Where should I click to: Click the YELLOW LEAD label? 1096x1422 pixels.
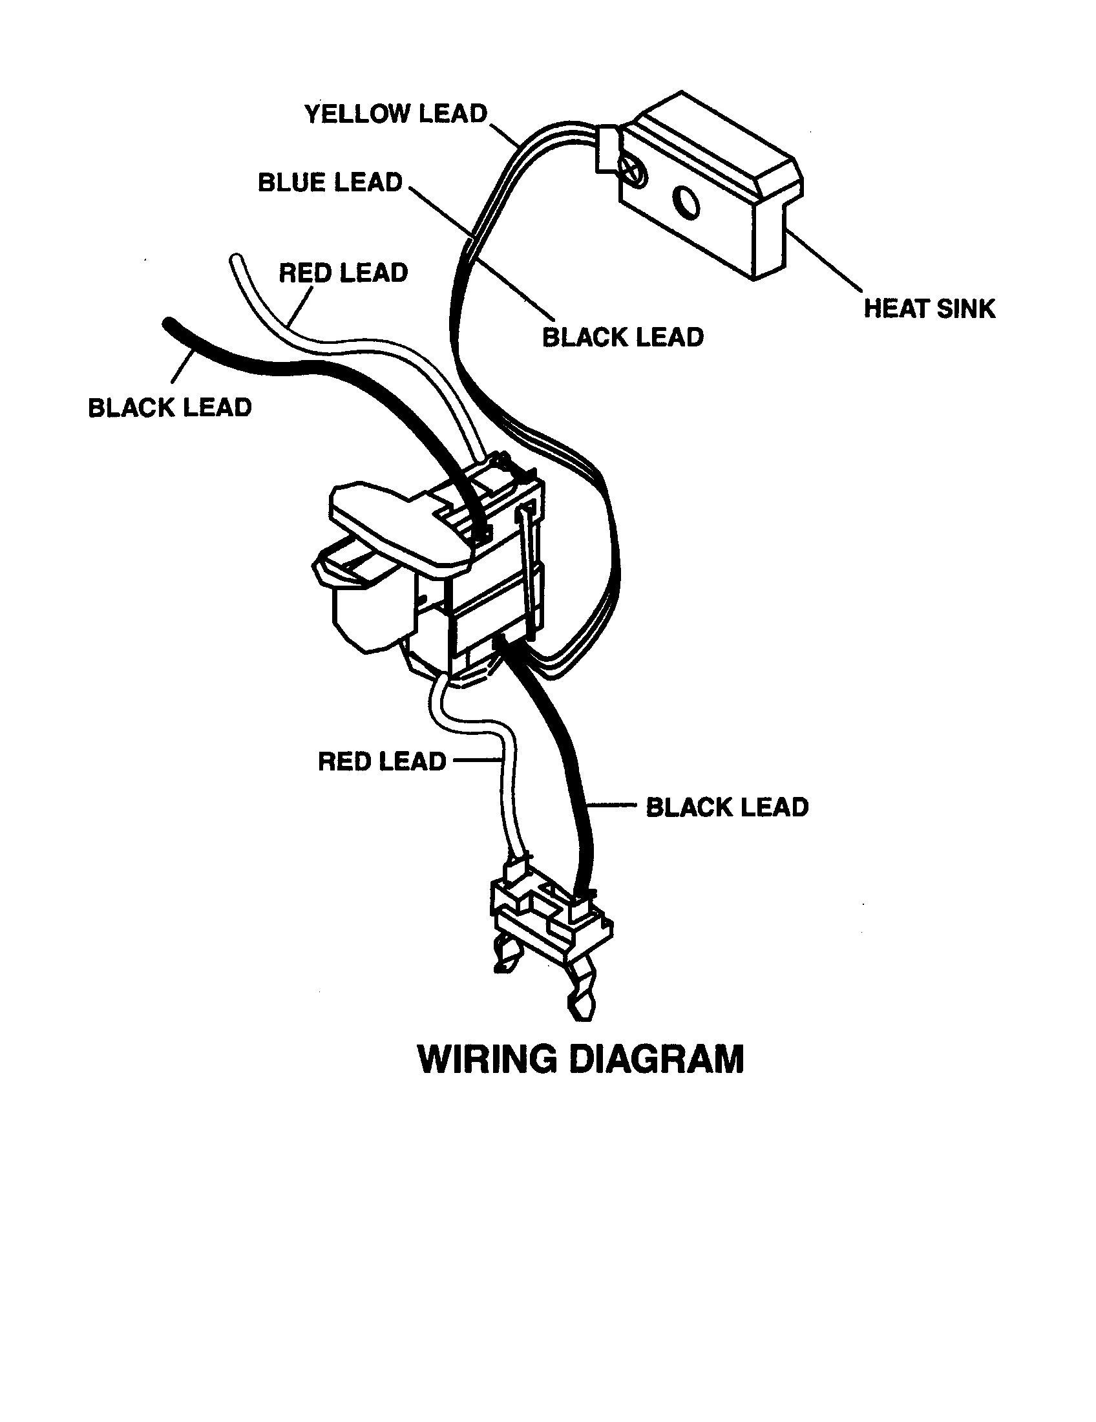click(x=395, y=114)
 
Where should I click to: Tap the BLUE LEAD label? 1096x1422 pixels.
click(x=330, y=182)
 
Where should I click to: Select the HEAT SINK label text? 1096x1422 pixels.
click(x=929, y=308)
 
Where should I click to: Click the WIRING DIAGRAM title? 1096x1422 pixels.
click(x=580, y=1059)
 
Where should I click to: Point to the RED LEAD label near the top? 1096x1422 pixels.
click(x=343, y=272)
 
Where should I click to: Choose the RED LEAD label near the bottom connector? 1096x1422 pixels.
click(x=381, y=761)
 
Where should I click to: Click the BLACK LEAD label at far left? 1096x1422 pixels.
click(x=169, y=408)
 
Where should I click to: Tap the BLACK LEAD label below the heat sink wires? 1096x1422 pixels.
click(x=623, y=337)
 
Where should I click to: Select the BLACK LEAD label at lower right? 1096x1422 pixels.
click(x=726, y=807)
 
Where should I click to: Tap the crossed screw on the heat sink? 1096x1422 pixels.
click(x=634, y=171)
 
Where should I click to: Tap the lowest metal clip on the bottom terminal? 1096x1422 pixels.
click(x=581, y=1003)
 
